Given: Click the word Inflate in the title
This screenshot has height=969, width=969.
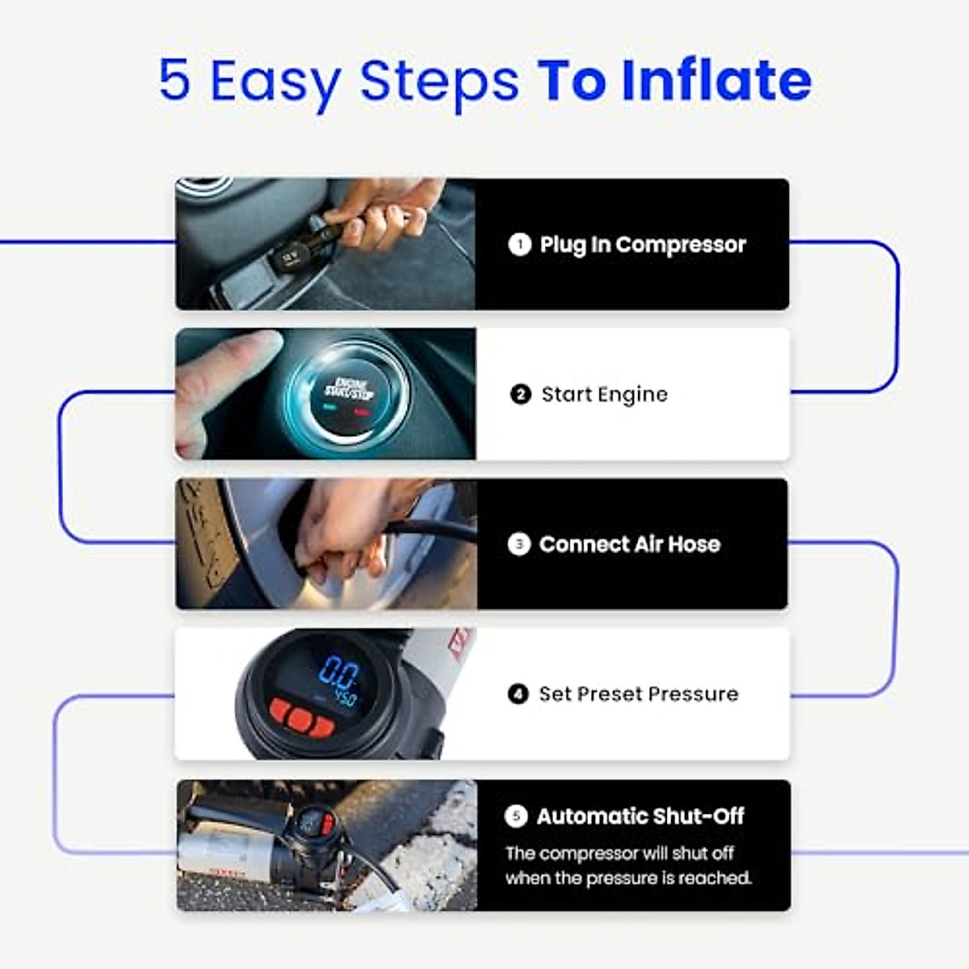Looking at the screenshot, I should click(x=715, y=80).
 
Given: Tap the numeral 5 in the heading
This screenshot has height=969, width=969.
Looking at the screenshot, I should click(x=174, y=80).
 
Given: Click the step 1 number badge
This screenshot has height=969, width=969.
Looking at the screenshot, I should click(x=519, y=244).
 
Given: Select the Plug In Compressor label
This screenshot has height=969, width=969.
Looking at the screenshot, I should click(x=643, y=245).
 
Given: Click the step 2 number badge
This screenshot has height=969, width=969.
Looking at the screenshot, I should click(x=521, y=394).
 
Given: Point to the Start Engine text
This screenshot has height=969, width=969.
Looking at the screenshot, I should click(x=604, y=395).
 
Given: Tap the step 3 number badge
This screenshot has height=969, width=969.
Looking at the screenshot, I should click(x=518, y=544).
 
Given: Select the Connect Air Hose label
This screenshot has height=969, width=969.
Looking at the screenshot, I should click(x=629, y=544).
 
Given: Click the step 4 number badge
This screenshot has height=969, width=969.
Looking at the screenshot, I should click(x=518, y=694).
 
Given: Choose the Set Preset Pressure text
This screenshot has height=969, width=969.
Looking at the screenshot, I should click(x=638, y=694).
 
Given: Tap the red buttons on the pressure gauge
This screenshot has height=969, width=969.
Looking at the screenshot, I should click(x=301, y=717).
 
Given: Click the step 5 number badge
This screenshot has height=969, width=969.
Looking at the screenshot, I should click(x=516, y=816).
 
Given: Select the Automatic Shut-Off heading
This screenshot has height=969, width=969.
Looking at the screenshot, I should click(x=640, y=816).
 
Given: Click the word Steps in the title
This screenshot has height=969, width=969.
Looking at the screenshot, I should click(x=438, y=80).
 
